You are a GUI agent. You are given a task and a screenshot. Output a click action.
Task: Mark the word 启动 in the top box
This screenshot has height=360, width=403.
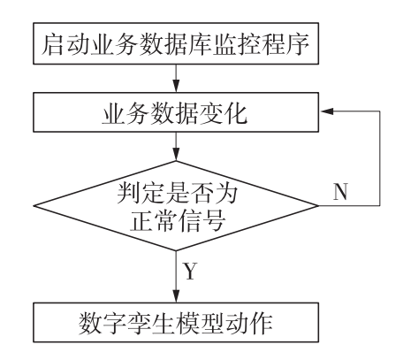61,42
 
